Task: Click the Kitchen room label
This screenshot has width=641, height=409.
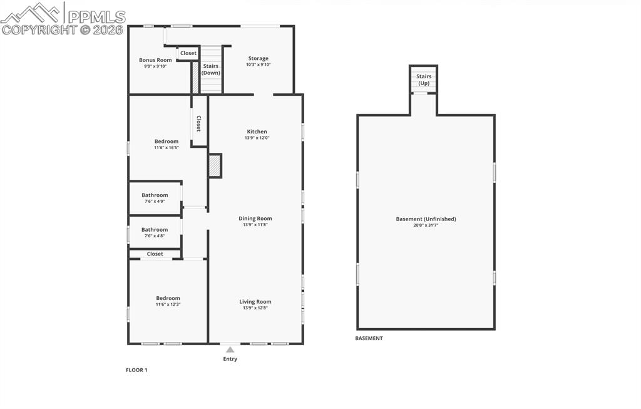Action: [x=257, y=132]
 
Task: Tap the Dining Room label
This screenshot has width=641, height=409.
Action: [x=255, y=219]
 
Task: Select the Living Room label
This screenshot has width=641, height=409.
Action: [x=255, y=301]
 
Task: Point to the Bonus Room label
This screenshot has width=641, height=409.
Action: [x=155, y=60]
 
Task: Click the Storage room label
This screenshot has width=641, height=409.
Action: [x=258, y=58]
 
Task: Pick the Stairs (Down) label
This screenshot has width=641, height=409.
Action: [x=211, y=69]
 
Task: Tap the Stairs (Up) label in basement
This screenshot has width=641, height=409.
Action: [x=424, y=80]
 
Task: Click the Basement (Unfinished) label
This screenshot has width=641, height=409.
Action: [x=426, y=219]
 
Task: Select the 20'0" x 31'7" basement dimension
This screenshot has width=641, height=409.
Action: [x=426, y=225]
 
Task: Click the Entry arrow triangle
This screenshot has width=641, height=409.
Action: [x=230, y=349]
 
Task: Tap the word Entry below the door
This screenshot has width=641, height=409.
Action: [x=230, y=359]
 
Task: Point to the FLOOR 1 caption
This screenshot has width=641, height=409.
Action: [x=136, y=370]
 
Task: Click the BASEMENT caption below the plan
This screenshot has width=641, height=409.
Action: [x=369, y=338]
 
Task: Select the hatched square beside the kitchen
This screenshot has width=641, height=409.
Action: [x=215, y=166]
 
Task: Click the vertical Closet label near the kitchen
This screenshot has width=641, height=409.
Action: [x=199, y=123]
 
